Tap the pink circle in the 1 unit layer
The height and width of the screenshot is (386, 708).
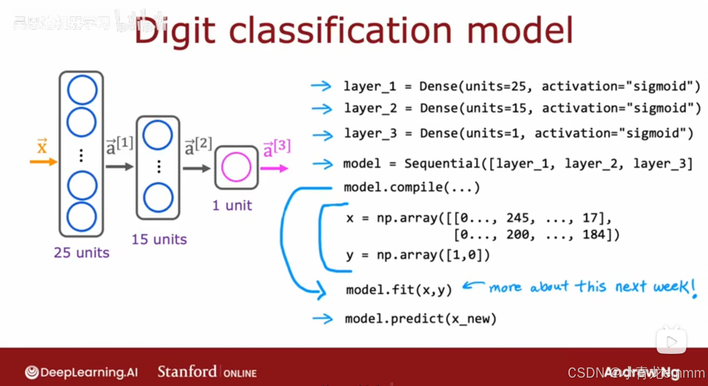[236, 168]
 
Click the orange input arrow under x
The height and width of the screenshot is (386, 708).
[43, 162]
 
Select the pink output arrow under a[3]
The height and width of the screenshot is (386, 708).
[275, 168]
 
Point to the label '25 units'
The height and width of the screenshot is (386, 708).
[81, 253]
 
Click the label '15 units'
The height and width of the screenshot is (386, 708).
[159, 239]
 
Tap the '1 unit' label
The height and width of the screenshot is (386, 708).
[232, 205]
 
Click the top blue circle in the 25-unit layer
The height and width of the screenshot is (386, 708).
[82, 91]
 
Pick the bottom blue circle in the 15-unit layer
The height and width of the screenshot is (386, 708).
[158, 198]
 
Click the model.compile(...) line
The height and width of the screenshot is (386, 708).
[412, 187]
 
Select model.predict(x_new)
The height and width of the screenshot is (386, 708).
[421, 318]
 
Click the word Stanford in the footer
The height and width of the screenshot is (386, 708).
[186, 371]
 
